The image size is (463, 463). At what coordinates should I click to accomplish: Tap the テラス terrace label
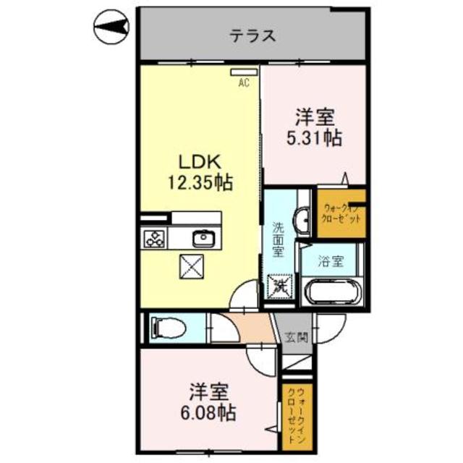pyautogui.click(x=252, y=35)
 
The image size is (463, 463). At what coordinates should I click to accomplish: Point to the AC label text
pyautogui.click(x=245, y=83)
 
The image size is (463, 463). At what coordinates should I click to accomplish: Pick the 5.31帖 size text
pyautogui.click(x=315, y=137)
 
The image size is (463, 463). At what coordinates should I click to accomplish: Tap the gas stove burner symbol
pyautogui.click(x=156, y=238)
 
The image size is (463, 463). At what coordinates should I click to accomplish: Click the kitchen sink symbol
pyautogui.click(x=202, y=237)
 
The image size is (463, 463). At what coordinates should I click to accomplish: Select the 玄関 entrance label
pyautogui.click(x=295, y=336)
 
